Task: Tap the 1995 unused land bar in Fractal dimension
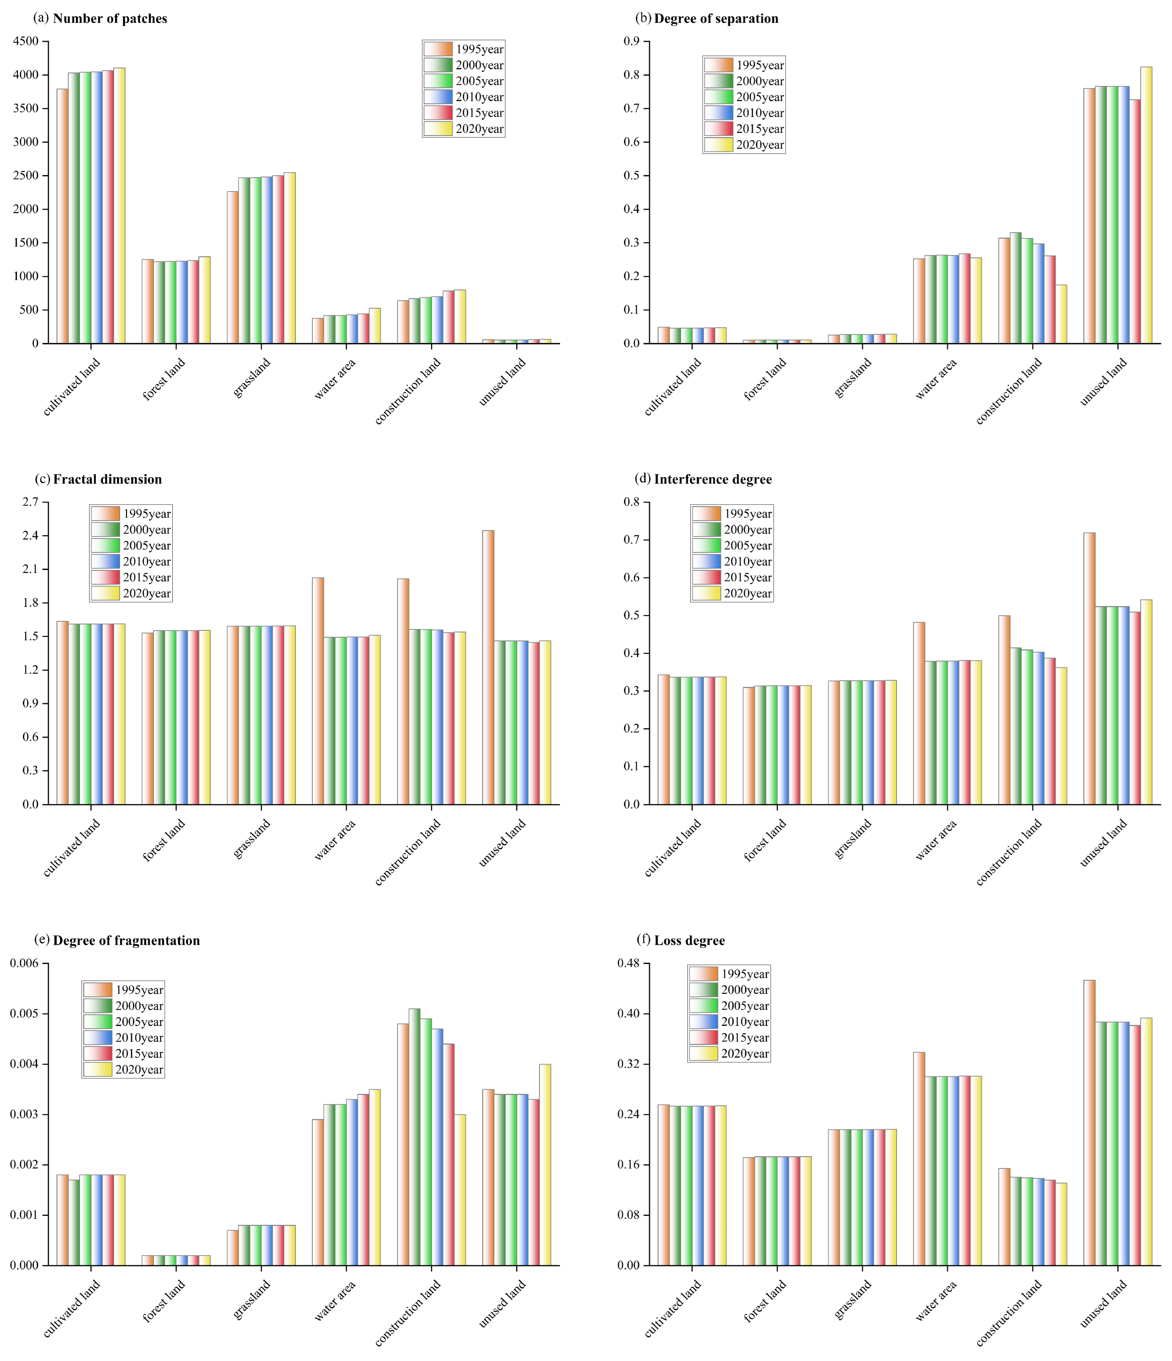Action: point(488,667)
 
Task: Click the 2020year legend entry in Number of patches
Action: point(464,129)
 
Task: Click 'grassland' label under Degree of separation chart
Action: point(852,378)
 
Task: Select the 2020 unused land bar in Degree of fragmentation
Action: point(545,1165)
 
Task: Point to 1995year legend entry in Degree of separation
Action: point(744,65)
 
